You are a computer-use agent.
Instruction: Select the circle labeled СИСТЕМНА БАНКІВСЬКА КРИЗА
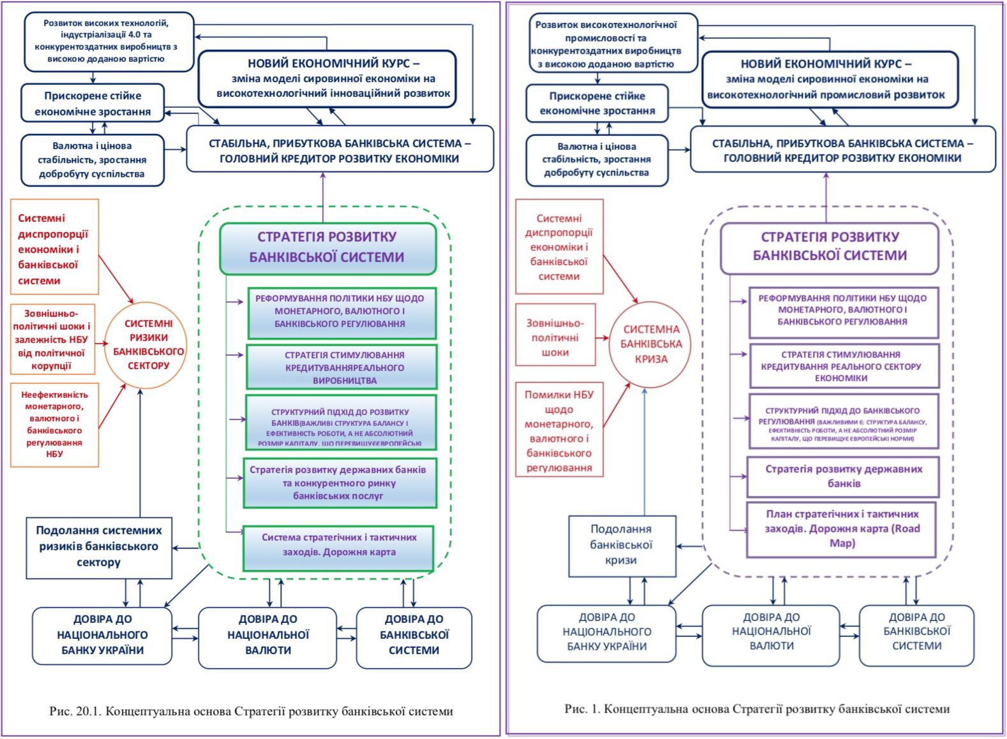click(x=650, y=344)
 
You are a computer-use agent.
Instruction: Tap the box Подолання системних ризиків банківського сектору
click(x=99, y=547)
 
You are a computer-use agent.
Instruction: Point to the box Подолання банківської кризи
click(x=621, y=545)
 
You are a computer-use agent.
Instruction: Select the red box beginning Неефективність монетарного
click(x=54, y=425)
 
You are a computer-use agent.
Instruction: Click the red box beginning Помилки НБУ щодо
click(x=559, y=431)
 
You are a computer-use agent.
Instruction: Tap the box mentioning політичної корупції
click(x=52, y=339)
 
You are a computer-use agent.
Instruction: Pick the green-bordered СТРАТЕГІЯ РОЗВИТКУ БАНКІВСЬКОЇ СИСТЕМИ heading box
click(x=327, y=247)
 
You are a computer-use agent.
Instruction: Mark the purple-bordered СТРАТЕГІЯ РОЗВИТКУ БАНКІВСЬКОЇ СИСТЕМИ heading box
click(x=830, y=247)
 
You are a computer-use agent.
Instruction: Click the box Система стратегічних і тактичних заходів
click(x=339, y=545)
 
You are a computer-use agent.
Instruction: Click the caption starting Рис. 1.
click(x=757, y=709)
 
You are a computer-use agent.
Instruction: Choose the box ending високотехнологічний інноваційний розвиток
click(x=327, y=78)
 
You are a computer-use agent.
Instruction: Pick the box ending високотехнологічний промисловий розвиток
click(x=830, y=80)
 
